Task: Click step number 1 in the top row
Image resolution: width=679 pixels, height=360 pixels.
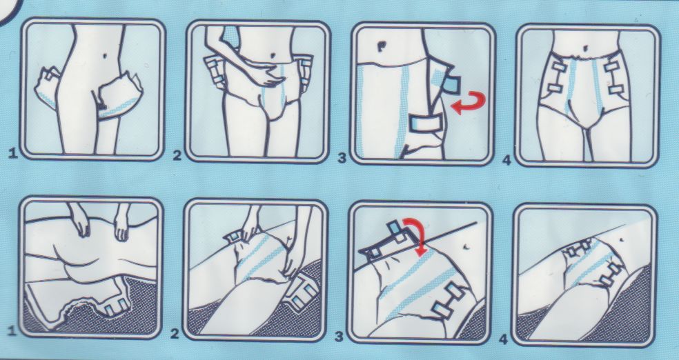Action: coord(12,153)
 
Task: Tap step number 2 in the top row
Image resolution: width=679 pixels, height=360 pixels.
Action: coord(177,155)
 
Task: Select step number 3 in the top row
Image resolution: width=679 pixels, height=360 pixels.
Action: coord(342,158)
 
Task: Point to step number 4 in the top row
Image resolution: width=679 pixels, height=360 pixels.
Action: coord(506,160)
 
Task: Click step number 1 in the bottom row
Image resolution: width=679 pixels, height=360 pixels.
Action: coord(12,331)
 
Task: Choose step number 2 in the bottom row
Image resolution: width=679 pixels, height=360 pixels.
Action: coord(175,334)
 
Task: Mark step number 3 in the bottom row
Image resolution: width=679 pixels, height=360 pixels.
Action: coord(339,336)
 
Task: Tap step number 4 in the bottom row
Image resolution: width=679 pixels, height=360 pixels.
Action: coord(503,339)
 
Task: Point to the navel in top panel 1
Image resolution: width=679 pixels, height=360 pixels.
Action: coord(106,56)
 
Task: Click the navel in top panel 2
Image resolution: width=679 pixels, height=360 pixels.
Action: coord(274,55)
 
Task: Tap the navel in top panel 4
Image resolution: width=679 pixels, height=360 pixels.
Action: coord(586,47)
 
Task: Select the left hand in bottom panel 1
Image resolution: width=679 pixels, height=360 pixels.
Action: coord(80,220)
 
